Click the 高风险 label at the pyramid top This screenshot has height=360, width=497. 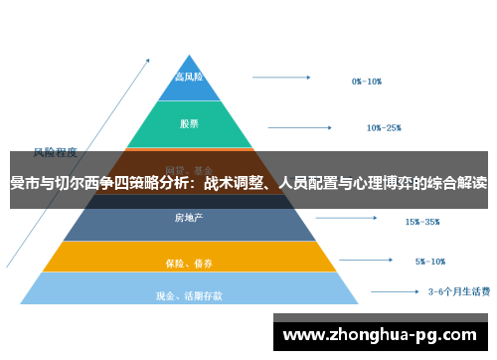pos(189,78)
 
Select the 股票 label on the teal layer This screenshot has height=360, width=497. pos(189,124)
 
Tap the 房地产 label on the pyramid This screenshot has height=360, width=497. pos(189,218)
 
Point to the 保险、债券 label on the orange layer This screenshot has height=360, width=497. pos(189,264)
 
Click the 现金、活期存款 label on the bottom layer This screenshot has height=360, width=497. pos(189,295)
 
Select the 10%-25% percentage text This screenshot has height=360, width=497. pos(384,127)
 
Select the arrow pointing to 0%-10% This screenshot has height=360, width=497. pos(287,76)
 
